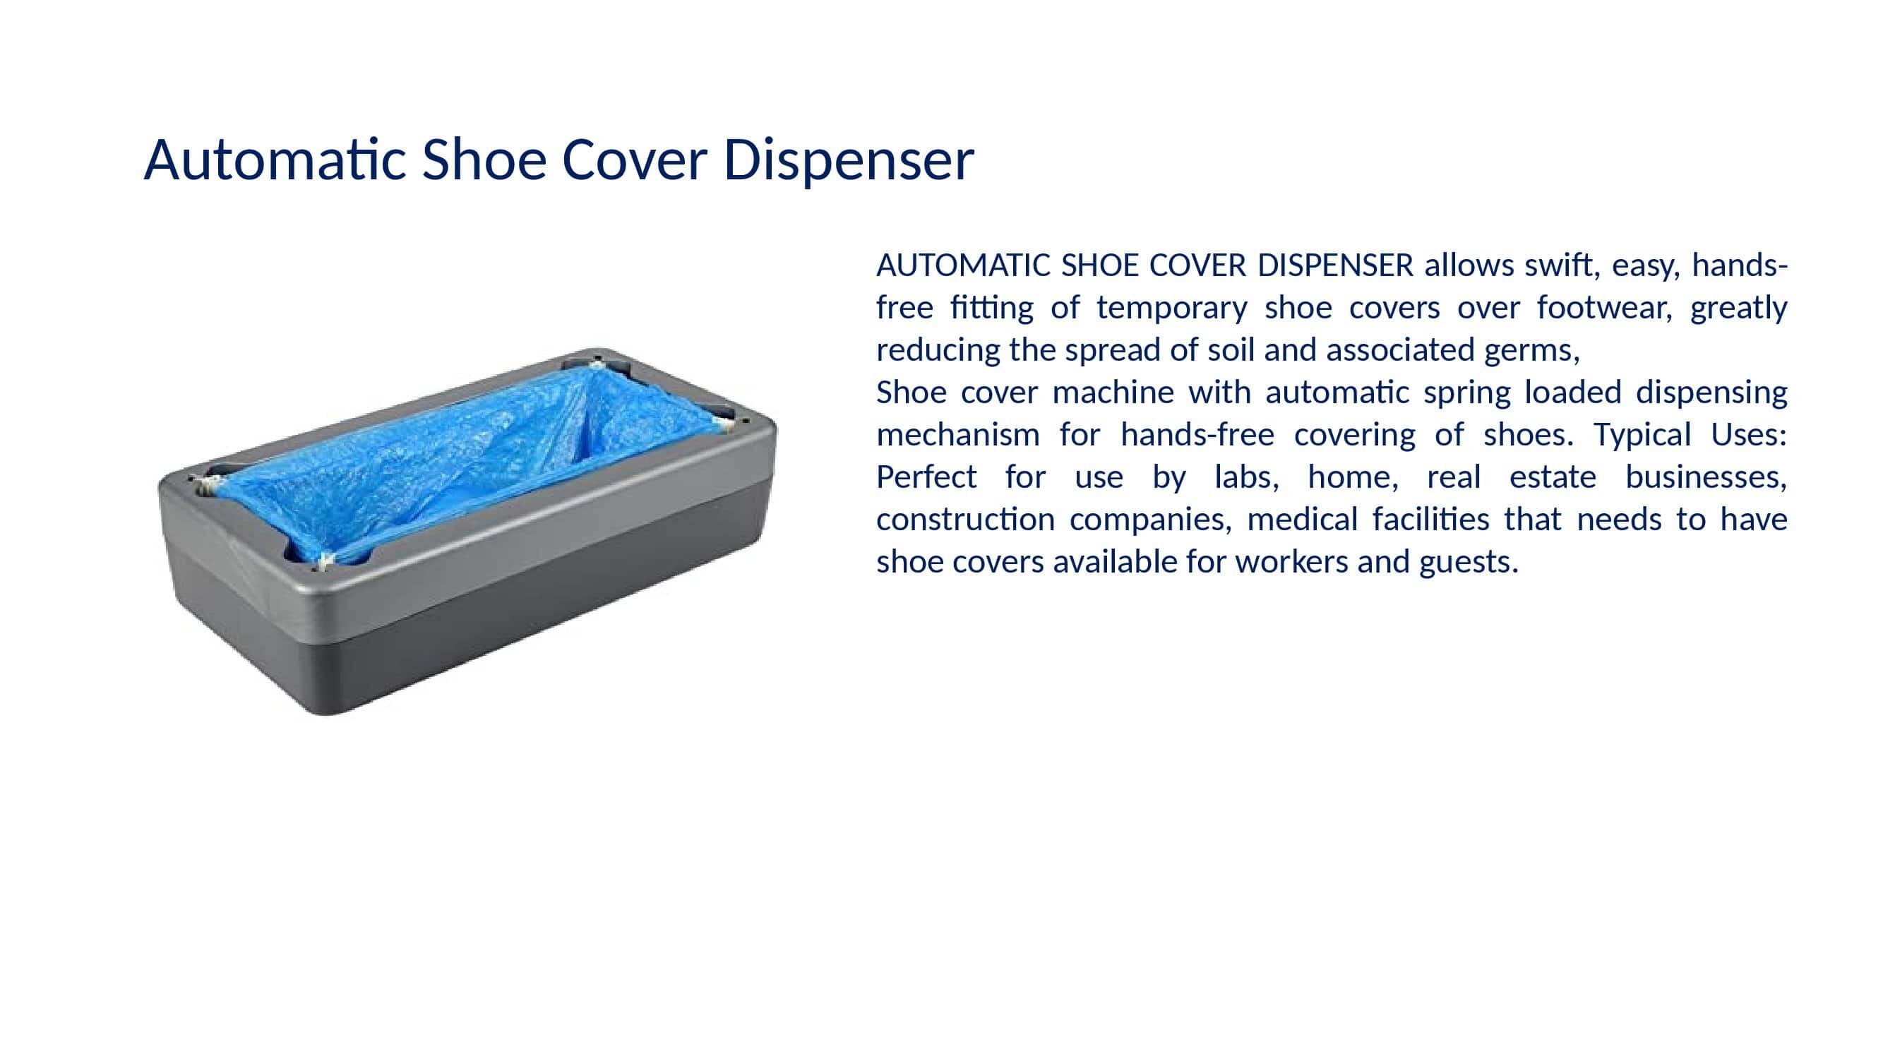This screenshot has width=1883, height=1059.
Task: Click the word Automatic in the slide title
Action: pyautogui.click(x=275, y=160)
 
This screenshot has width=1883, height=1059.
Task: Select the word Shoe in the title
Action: pyautogui.click(x=484, y=160)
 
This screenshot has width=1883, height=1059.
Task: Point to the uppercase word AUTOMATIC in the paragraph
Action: pyautogui.click(x=964, y=265)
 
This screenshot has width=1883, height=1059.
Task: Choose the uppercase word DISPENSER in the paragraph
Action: pyautogui.click(x=1335, y=265)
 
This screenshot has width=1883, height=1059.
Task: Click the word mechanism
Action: pyautogui.click(x=957, y=435)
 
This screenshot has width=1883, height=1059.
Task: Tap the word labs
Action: pyautogui.click(x=1246, y=477)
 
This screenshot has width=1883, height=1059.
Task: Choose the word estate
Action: pyautogui.click(x=1553, y=478)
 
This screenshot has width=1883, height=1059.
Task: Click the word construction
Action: pyautogui.click(x=966, y=520)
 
